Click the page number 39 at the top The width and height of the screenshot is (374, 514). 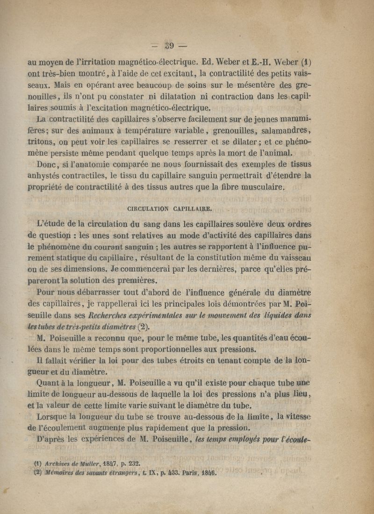[168, 46]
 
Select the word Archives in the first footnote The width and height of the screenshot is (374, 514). [58, 464]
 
